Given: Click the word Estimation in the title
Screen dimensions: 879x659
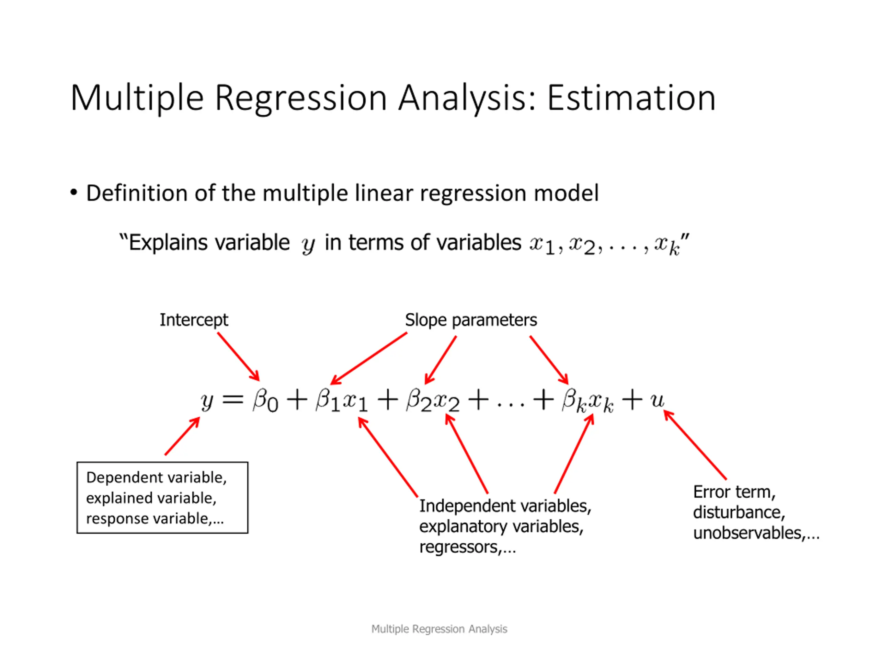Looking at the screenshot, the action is [631, 98].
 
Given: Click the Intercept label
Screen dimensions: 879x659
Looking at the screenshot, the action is [194, 320].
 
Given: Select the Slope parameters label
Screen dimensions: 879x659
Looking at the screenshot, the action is [471, 320].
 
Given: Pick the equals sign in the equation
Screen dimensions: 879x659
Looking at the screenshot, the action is [233, 400].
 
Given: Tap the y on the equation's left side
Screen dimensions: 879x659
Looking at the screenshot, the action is [207, 402].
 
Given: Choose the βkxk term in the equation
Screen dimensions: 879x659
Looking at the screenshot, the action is [588, 401].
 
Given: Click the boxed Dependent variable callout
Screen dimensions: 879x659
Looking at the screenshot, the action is [162, 497].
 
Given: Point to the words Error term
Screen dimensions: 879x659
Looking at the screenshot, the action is [734, 492].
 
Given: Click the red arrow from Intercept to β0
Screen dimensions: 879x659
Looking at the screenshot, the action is [238, 357].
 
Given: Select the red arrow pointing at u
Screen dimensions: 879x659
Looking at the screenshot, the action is [695, 445].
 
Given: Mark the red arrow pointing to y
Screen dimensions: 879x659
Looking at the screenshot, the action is [182, 436].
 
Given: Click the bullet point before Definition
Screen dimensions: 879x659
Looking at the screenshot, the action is [73, 193].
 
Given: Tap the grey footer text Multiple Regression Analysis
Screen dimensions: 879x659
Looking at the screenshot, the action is [439, 629].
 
